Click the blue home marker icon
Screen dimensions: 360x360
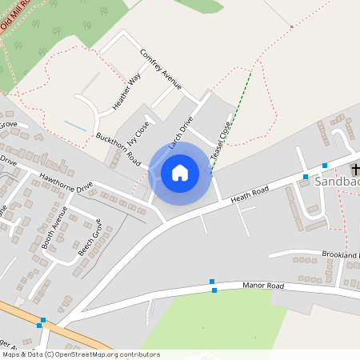180,172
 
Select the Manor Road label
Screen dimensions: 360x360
263,286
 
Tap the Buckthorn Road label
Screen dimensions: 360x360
118,149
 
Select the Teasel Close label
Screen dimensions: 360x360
222,145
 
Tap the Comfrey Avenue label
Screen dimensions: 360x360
161,70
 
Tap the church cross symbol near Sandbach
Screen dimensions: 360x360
354,169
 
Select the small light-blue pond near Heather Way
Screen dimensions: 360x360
74,126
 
